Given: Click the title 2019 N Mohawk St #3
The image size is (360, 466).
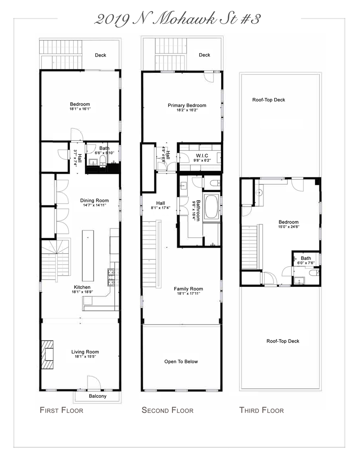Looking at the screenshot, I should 177,19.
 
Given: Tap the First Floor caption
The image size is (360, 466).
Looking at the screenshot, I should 61,410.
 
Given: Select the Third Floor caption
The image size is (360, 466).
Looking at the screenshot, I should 261,410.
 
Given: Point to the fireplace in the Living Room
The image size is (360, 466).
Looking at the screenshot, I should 47,354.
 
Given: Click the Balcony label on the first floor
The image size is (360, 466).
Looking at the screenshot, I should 97,396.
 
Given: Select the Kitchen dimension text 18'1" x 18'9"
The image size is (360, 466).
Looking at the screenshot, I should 82,292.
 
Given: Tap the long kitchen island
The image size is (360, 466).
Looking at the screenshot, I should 88,255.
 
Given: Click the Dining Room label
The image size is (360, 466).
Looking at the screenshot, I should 94,200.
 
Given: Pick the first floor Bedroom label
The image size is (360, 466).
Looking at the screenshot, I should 80,104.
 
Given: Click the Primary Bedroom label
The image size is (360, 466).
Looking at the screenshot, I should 187,105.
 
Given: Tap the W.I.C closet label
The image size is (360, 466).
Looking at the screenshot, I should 202,156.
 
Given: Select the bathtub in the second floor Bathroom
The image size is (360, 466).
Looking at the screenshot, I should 212,207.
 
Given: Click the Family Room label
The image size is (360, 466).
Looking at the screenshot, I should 188,289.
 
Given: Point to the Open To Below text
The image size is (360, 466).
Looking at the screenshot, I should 181,362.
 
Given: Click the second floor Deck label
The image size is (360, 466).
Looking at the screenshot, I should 204,55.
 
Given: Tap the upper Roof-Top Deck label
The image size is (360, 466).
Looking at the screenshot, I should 269,100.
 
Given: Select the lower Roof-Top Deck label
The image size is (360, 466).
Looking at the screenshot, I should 282,341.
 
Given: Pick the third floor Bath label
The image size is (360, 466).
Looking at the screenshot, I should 306,258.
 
